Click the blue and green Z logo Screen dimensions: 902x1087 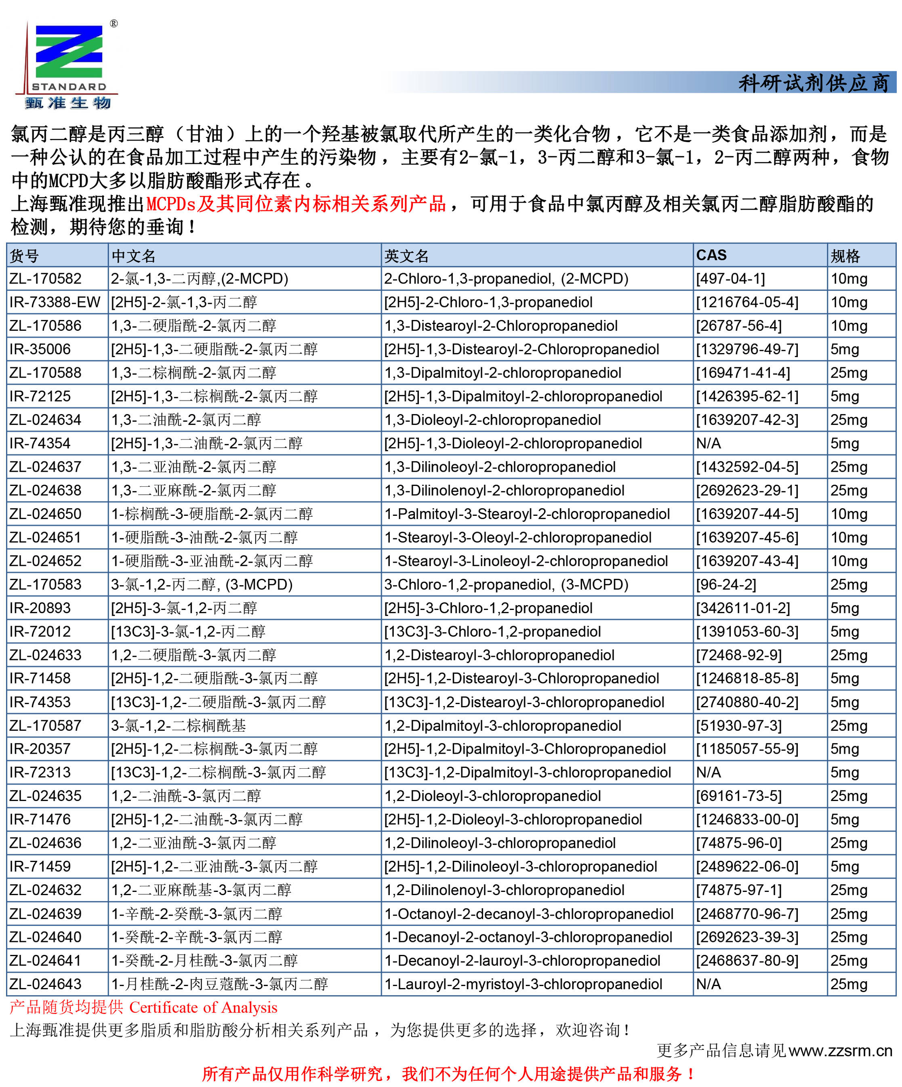click(68, 52)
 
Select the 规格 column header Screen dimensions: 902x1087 click(845, 256)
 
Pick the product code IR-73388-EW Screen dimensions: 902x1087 click(55, 302)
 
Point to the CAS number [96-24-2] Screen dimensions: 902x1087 click(725, 584)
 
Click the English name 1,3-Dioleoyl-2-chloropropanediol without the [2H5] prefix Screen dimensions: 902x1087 click(492, 420)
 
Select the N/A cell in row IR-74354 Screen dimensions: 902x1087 click(709, 444)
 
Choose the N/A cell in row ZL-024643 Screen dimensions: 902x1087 click(709, 984)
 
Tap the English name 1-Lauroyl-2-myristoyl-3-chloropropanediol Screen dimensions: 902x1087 click(523, 984)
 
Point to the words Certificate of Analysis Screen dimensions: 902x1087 click(203, 1007)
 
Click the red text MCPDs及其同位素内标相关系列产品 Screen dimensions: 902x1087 click(296, 204)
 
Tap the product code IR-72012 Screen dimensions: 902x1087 click(40, 631)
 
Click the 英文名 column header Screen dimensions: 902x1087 click(406, 256)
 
